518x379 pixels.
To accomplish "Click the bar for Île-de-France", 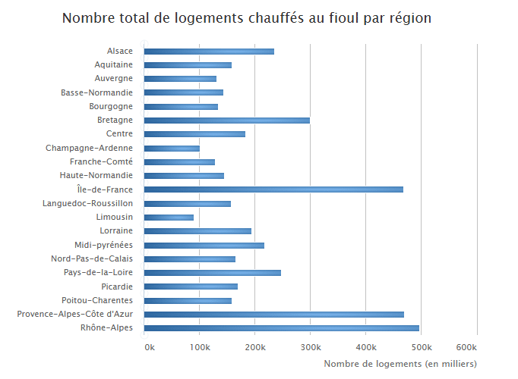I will tap(273, 189).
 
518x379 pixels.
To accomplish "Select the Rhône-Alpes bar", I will tap(281, 328).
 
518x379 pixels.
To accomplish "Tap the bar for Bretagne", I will tap(226, 120).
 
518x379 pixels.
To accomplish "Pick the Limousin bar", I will tap(169, 218).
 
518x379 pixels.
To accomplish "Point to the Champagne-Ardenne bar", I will tap(172, 148).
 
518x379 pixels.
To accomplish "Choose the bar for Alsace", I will tap(209, 51).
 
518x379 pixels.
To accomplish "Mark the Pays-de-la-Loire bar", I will tap(212, 273).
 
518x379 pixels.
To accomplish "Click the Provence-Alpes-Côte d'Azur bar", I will tap(273, 315).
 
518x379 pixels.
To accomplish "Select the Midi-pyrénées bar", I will tap(204, 245).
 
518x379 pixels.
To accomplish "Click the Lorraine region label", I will tap(116, 230).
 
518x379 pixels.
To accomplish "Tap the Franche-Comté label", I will tap(101, 161).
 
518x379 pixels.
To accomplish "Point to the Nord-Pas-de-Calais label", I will tap(92, 258).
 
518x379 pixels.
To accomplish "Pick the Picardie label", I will tap(117, 287).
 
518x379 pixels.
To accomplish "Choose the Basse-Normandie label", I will tap(97, 92).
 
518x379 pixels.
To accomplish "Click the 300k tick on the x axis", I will tap(310, 347).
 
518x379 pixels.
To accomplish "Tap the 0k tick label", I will tap(150, 347).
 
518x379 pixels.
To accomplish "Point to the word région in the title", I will tap(411, 18).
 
